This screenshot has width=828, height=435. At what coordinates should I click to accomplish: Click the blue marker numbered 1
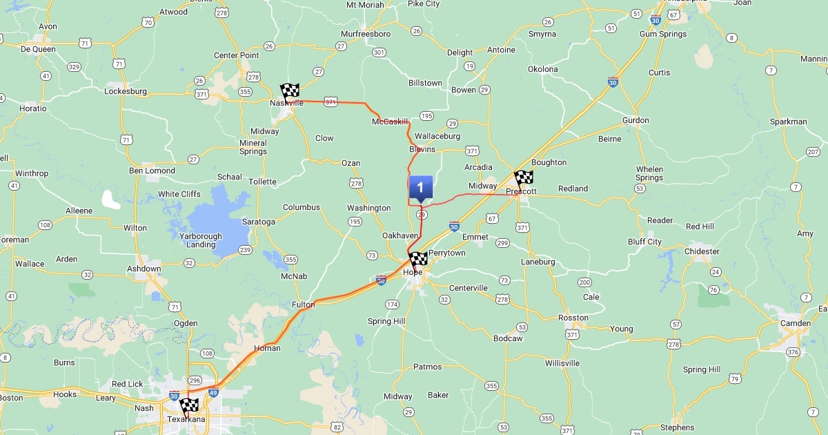point(420,188)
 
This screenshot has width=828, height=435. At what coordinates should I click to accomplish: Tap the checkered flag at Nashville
point(290,93)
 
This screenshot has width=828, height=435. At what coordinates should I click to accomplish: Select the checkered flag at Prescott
point(524,180)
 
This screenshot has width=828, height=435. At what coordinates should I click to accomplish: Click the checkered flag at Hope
point(418,261)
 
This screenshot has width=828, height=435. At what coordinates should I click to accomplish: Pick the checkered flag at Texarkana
point(189,406)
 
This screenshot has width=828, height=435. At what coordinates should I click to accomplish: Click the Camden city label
point(795,323)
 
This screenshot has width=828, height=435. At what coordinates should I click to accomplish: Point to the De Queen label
point(37,49)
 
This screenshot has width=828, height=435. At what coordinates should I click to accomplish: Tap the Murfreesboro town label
point(366,34)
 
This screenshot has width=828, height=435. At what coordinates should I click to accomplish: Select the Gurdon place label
point(635,120)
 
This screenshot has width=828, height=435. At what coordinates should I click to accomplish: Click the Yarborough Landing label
point(201,240)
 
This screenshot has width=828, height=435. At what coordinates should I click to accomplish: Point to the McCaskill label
point(391,122)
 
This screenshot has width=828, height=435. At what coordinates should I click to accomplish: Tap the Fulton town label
point(304,304)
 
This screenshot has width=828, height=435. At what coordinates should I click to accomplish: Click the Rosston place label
point(573,318)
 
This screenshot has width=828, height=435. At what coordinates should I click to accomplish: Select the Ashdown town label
point(144,269)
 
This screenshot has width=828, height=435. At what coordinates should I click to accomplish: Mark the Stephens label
point(677,427)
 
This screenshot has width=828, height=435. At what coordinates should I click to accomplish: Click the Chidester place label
point(702,251)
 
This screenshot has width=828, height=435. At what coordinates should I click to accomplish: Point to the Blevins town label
point(422,149)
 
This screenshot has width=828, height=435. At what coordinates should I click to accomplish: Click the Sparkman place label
point(789,122)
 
